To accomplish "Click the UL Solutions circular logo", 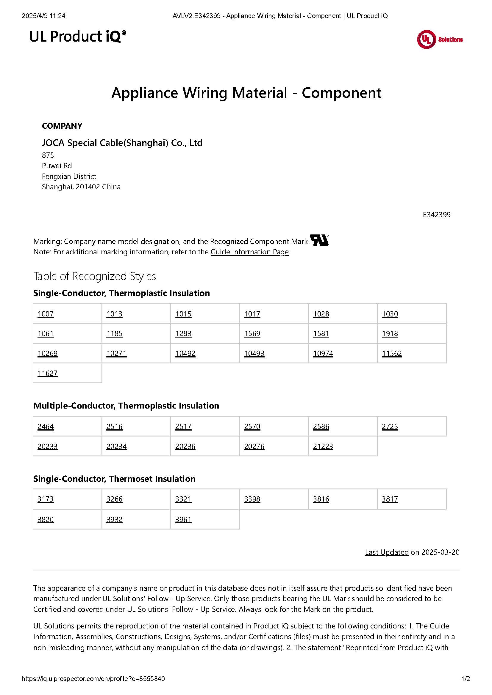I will [x=426, y=39].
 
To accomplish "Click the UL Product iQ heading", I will [x=78, y=37].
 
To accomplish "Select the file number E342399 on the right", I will [x=437, y=215].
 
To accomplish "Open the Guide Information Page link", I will [x=249, y=252].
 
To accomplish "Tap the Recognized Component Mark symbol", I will [x=319, y=240].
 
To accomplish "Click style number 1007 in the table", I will [x=46, y=314].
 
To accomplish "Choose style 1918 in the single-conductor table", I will [x=390, y=334].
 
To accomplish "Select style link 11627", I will [x=47, y=373].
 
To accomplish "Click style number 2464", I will [x=46, y=426].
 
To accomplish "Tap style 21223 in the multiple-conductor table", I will [x=323, y=447].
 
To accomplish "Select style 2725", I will [x=390, y=426].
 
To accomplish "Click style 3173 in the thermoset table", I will [x=46, y=499].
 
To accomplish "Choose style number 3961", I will [x=183, y=519].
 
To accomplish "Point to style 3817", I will [x=390, y=499].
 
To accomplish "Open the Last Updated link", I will [x=387, y=552].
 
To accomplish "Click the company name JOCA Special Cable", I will [x=122, y=143].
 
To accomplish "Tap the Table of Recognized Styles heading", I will [x=95, y=276].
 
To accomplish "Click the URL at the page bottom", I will [x=93, y=679].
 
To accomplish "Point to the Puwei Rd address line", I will [x=57, y=166].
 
